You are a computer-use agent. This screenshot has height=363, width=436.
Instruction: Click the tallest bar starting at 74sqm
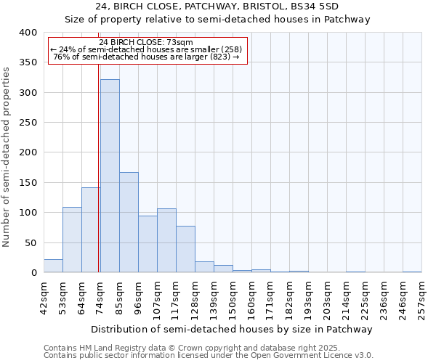(x=110, y=176)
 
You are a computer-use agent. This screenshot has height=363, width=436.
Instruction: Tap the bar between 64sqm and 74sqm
(x=91, y=229)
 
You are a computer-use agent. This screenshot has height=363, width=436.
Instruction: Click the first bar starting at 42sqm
(x=53, y=266)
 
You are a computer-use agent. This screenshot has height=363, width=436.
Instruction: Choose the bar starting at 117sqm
(x=185, y=249)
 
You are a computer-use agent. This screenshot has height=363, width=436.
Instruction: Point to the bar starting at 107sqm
(x=166, y=240)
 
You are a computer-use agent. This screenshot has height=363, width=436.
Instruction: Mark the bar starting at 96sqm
(x=148, y=244)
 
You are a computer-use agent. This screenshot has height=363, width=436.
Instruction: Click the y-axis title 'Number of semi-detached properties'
(x=7, y=157)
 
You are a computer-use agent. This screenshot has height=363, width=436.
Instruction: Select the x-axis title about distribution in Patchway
(x=233, y=329)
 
